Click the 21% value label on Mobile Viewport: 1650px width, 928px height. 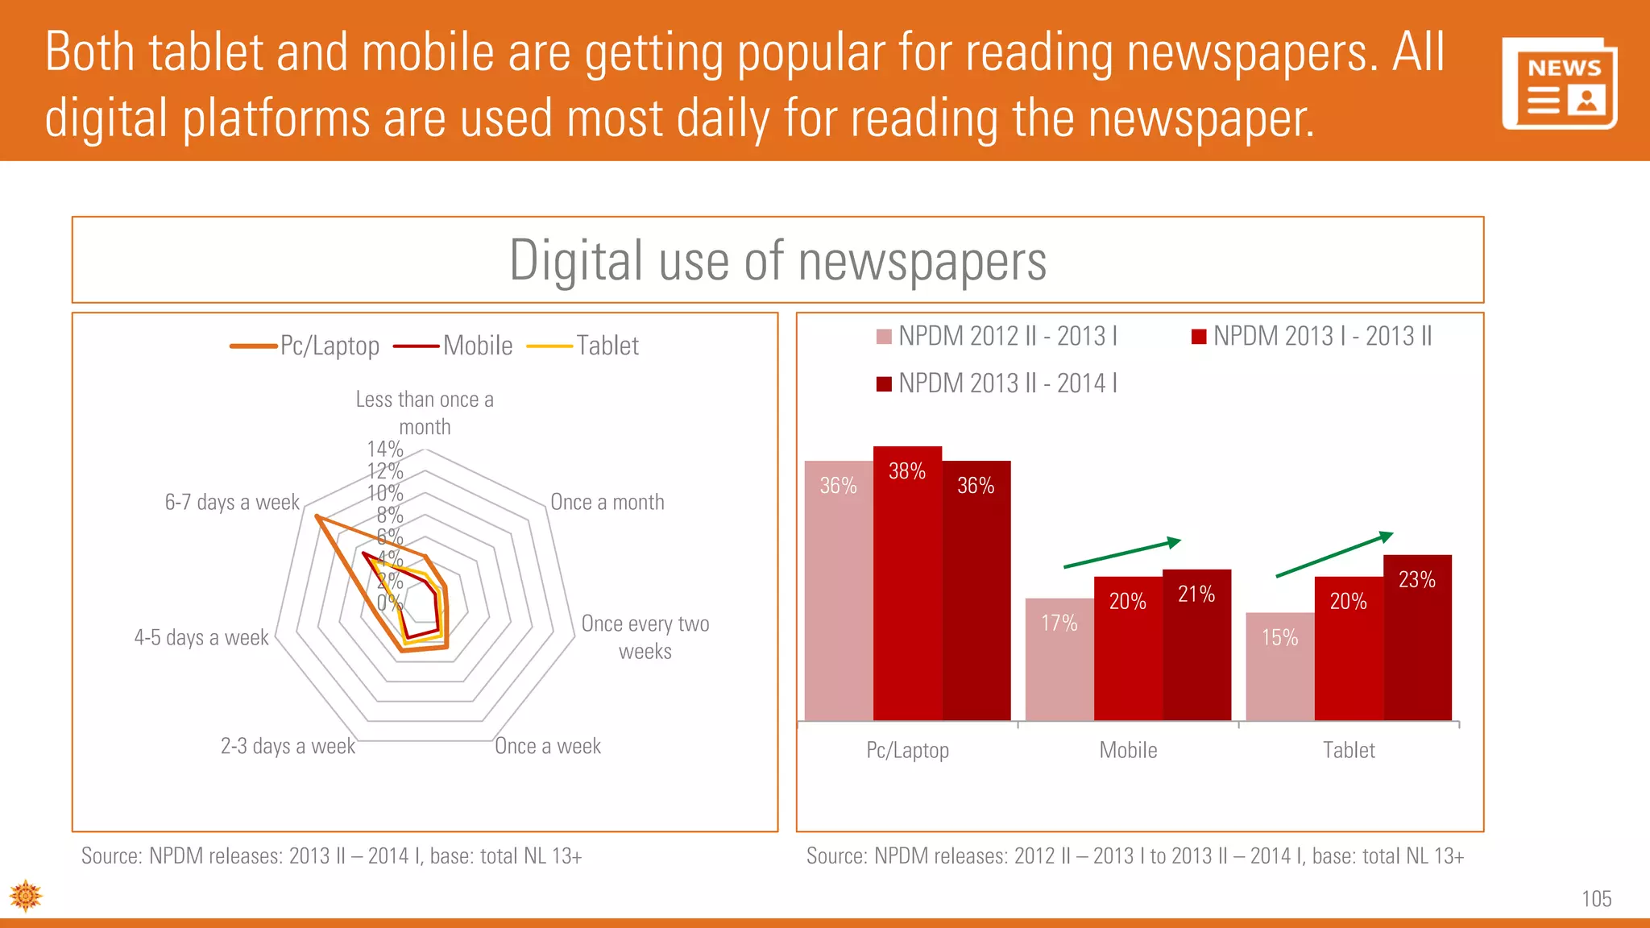pos(1196,594)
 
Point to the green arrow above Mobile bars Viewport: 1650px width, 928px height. pos(1122,553)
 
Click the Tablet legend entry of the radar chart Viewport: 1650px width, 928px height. pos(582,346)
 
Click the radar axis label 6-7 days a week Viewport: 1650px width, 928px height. pos(232,503)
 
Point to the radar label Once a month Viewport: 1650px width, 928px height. pos(607,503)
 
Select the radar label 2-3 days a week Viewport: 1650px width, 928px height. pos(288,746)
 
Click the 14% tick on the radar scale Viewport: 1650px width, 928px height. pos(384,449)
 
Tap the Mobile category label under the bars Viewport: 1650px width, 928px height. pos(1128,751)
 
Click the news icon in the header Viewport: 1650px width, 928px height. pos(1560,83)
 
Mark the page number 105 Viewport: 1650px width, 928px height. pos(1596,899)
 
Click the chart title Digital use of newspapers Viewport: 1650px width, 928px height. pos(777,261)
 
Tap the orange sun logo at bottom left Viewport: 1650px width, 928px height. pos(26,896)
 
